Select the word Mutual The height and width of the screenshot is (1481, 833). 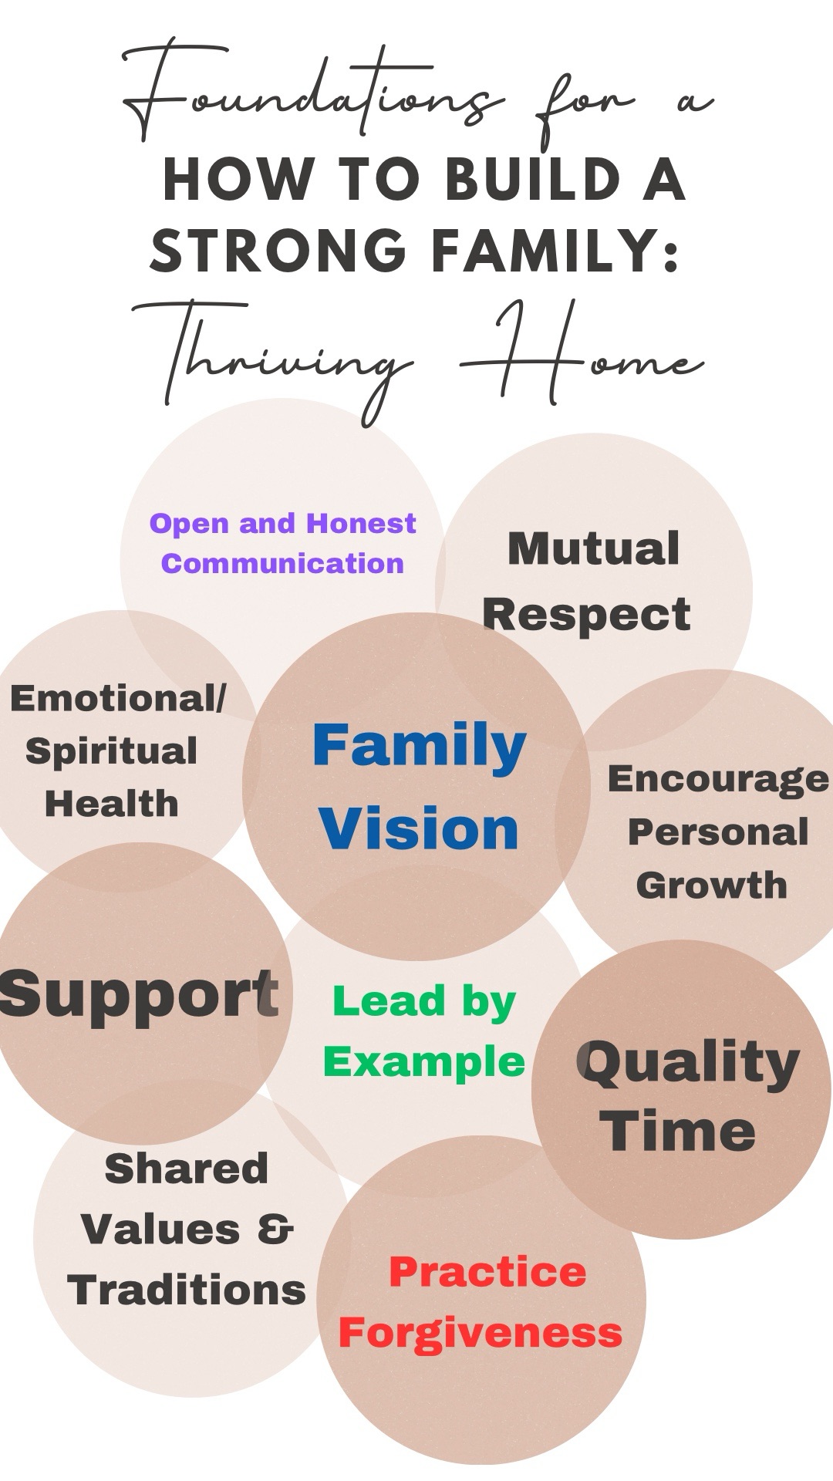[x=593, y=548]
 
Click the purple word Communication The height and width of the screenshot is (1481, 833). [x=282, y=563]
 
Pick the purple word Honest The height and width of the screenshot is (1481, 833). [x=361, y=524]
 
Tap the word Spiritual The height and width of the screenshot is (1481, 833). [x=111, y=752]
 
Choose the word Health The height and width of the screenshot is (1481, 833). [x=112, y=804]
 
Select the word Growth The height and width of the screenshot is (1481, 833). [x=712, y=885]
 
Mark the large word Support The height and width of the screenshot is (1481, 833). [x=139, y=995]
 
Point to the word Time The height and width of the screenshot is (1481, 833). [x=679, y=1132]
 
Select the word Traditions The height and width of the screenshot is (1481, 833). [x=187, y=1290]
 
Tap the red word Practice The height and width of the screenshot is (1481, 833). [x=487, y=1273]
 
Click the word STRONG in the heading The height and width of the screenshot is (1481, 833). [x=278, y=251]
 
